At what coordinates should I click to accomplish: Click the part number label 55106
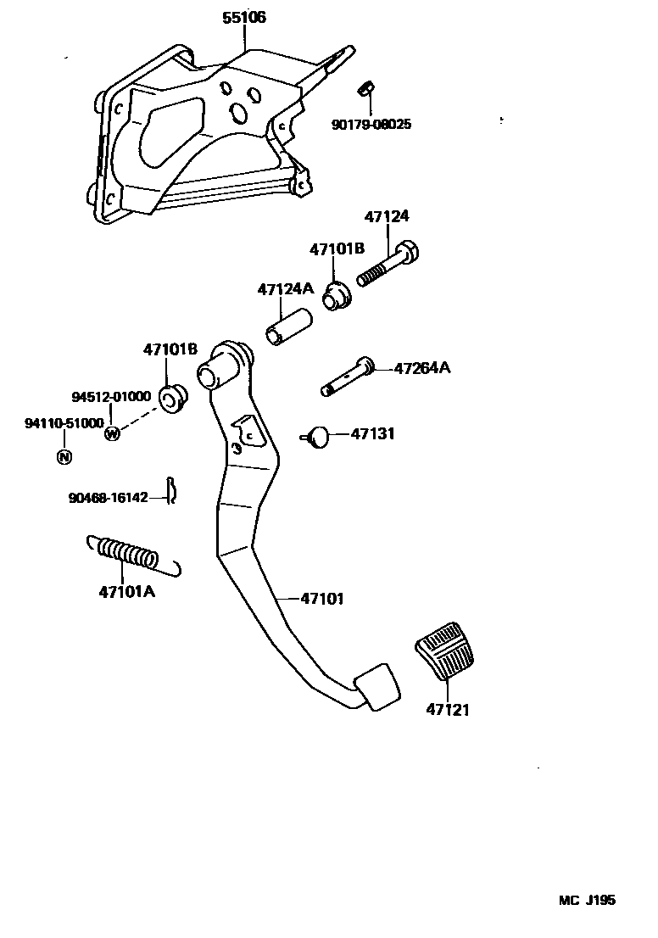[x=243, y=18]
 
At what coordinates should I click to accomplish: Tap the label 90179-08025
[x=371, y=124]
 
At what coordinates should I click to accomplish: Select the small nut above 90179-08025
[x=366, y=87]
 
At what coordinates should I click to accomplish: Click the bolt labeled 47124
[x=389, y=264]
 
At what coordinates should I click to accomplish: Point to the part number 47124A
[x=286, y=289]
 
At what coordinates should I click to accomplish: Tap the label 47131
[x=373, y=433]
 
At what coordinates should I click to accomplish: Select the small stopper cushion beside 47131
[x=317, y=436]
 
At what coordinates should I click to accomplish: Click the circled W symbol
[x=112, y=433]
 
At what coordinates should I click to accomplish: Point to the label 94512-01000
[x=111, y=396]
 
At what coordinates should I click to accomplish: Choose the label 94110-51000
[x=64, y=422]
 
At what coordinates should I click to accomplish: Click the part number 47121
[x=448, y=709]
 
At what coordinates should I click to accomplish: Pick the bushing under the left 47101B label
[x=173, y=397]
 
